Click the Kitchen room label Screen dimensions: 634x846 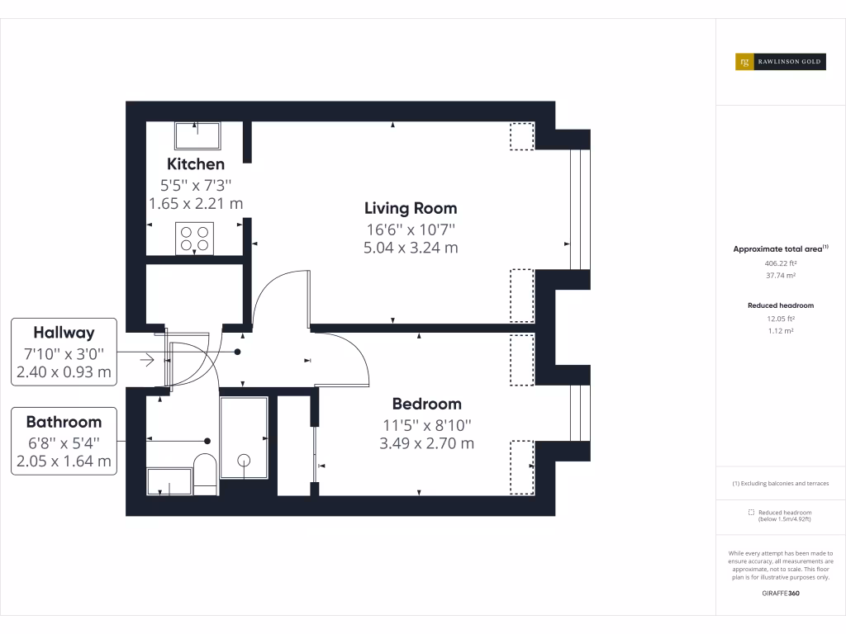(x=196, y=163)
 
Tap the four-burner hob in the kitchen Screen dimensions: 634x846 (x=194, y=239)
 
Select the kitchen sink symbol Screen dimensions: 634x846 (x=197, y=135)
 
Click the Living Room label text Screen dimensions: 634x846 (x=411, y=208)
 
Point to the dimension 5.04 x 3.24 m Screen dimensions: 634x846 (x=411, y=248)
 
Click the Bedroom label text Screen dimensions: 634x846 (x=426, y=404)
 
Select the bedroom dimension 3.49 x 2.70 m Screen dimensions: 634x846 (x=426, y=443)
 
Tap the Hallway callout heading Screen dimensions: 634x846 (x=64, y=333)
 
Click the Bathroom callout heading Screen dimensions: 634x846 (x=64, y=422)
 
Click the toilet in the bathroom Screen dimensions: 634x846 (x=205, y=474)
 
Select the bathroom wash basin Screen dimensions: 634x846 (x=169, y=481)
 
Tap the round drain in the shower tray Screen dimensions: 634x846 (x=244, y=461)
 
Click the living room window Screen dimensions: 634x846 (x=580, y=210)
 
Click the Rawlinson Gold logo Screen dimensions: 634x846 (x=780, y=62)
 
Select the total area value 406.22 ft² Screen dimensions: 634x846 (x=780, y=263)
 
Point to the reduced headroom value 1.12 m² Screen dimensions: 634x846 (x=780, y=330)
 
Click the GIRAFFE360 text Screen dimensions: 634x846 (x=780, y=594)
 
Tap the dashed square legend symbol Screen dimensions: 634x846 (x=750, y=513)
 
